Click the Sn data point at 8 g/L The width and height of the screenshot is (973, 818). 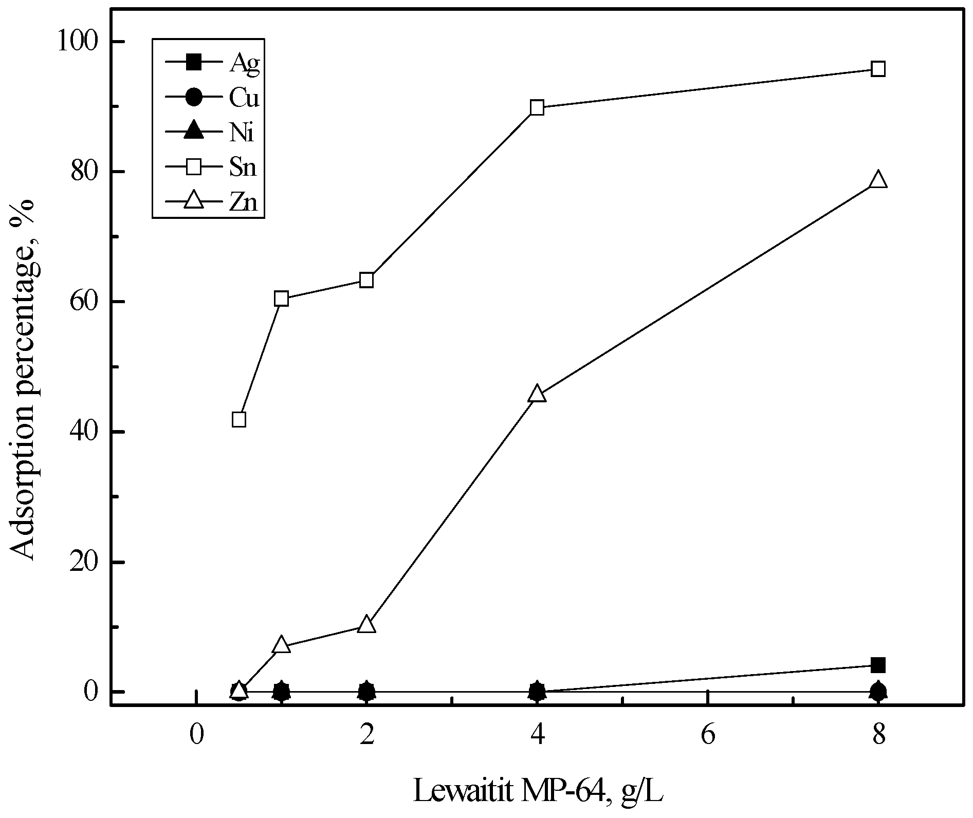[878, 69]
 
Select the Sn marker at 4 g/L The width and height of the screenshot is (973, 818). [537, 107]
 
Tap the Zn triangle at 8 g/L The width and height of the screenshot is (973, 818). [878, 180]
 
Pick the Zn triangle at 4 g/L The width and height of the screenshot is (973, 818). [537, 394]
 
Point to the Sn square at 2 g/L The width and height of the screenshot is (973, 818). [366, 280]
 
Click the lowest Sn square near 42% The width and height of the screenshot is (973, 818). [239, 419]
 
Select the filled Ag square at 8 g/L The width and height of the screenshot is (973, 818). [878, 665]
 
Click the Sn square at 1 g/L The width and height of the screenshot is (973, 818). [281, 299]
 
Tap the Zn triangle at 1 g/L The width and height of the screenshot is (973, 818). [281, 645]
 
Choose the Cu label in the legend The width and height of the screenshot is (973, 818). [244, 98]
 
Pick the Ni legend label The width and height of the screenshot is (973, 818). [242, 133]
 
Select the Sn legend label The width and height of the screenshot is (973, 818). [243, 168]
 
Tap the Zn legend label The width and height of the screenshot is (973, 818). [243, 202]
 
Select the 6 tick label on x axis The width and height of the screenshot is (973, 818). [708, 735]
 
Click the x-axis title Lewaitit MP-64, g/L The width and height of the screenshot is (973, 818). [538, 792]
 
